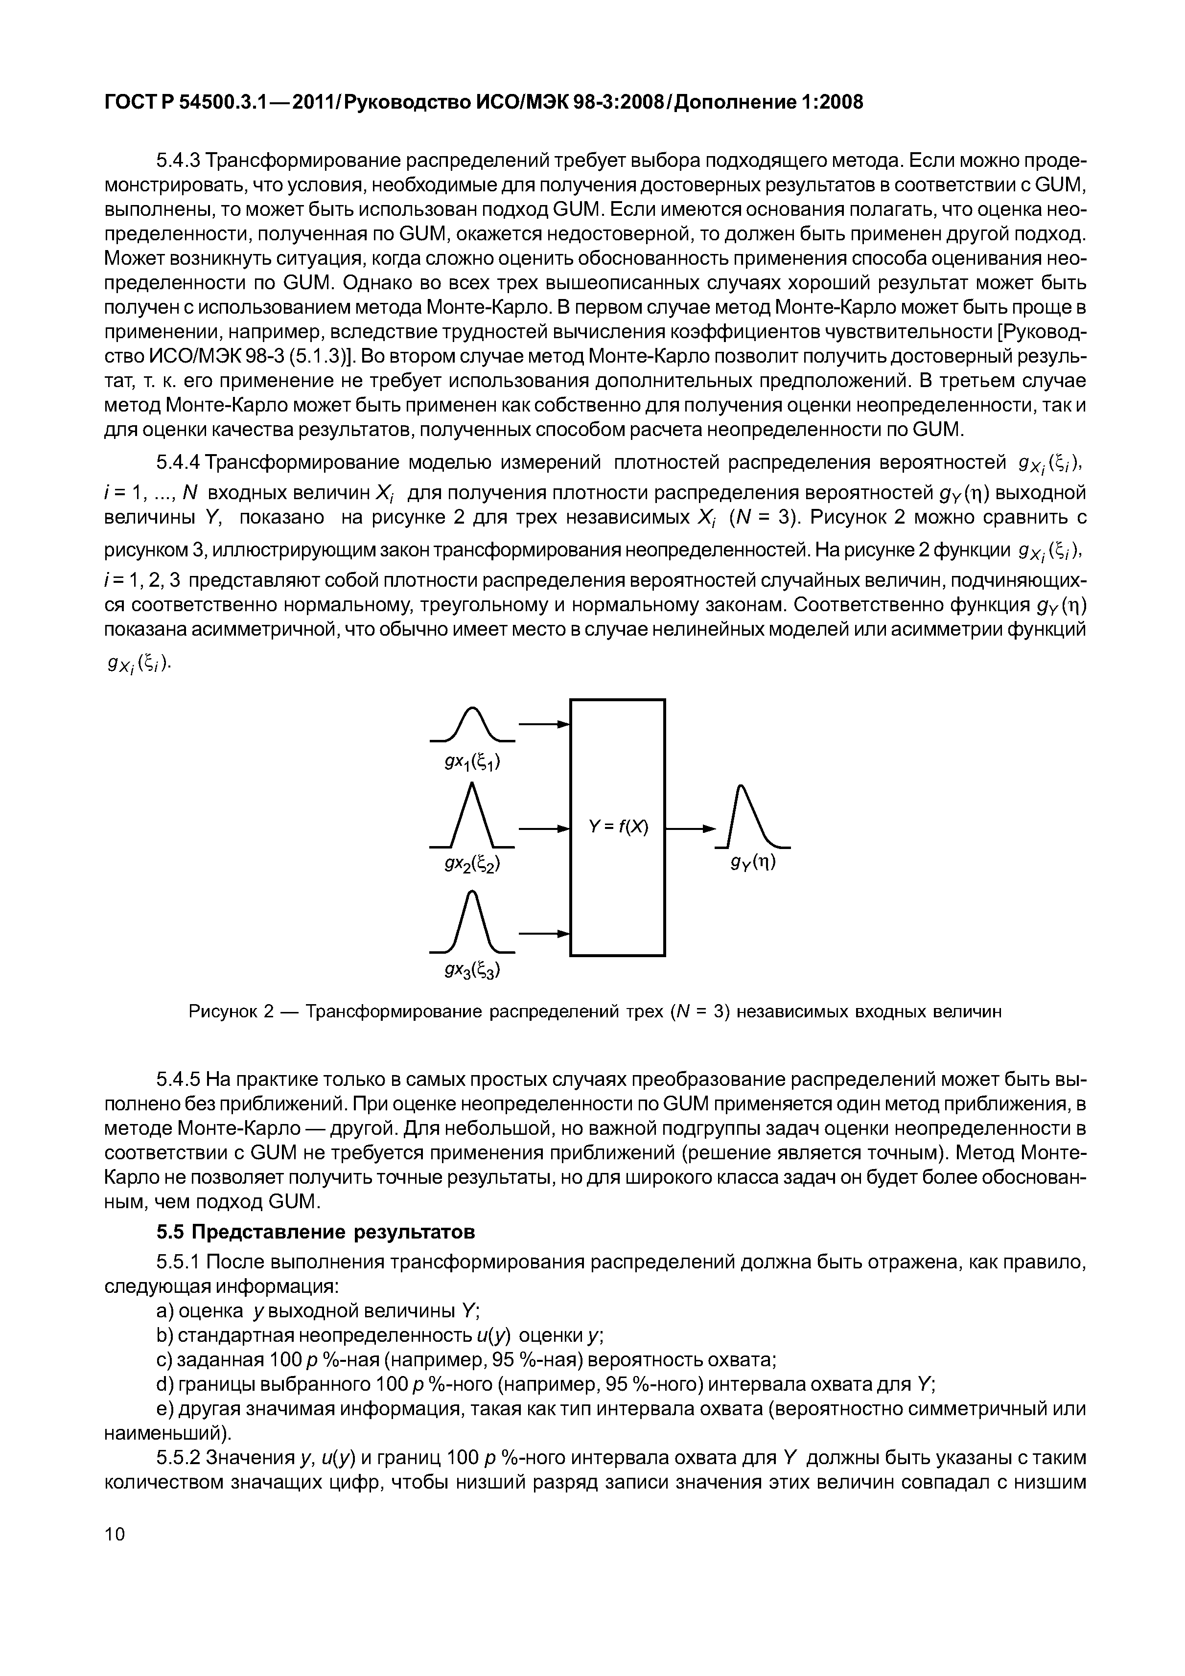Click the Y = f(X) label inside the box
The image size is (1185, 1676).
pos(618,827)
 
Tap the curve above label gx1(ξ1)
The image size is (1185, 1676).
pos(472,724)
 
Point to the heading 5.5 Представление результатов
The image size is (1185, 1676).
pos(315,1232)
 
